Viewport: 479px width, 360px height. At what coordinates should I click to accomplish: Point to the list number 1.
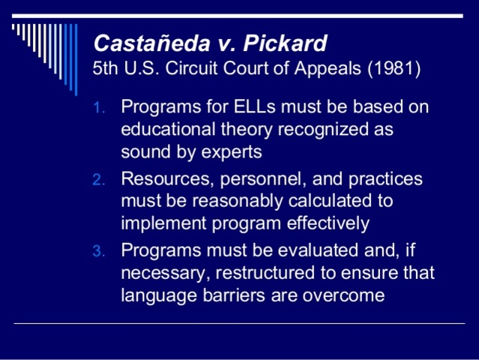click(99, 107)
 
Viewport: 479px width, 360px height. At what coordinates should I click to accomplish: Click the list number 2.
click(99, 180)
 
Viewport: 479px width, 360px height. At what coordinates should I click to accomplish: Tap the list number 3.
click(99, 252)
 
